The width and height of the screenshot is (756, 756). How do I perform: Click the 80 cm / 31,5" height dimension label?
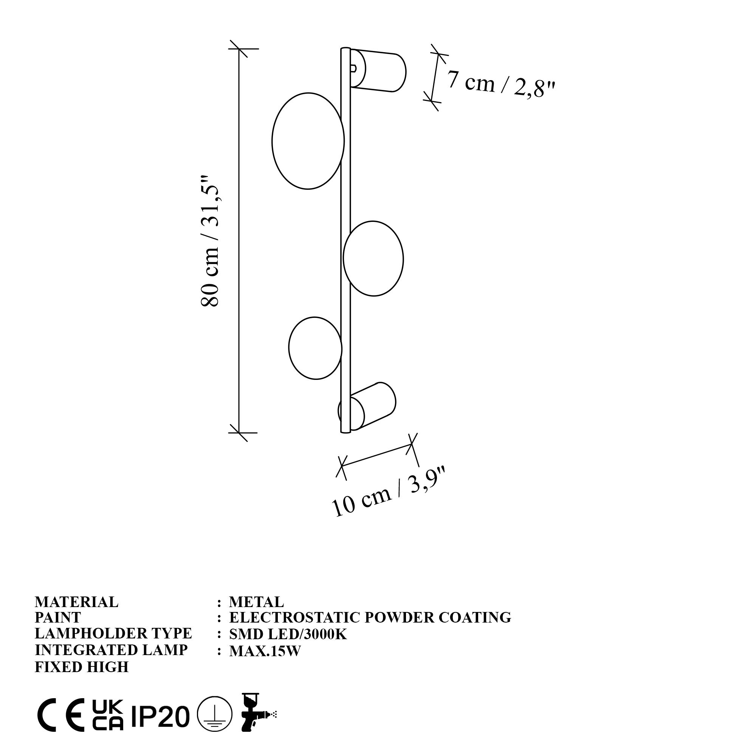coord(210,241)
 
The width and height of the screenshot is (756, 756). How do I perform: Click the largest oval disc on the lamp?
coord(308,141)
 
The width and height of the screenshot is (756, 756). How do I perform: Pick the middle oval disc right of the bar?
coord(373,258)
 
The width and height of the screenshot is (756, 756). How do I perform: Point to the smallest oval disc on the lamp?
coord(315,347)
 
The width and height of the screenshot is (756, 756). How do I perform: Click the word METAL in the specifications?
coord(256,602)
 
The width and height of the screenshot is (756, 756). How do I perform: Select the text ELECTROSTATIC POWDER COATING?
coord(370,618)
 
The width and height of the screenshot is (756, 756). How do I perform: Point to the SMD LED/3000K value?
coord(288,634)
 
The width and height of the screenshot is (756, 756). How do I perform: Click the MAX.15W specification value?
coord(265,651)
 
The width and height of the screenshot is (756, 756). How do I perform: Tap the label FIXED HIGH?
coord(81,667)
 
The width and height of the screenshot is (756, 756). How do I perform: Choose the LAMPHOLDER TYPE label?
coord(113,634)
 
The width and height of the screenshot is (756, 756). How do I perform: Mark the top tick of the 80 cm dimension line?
coord(239,49)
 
